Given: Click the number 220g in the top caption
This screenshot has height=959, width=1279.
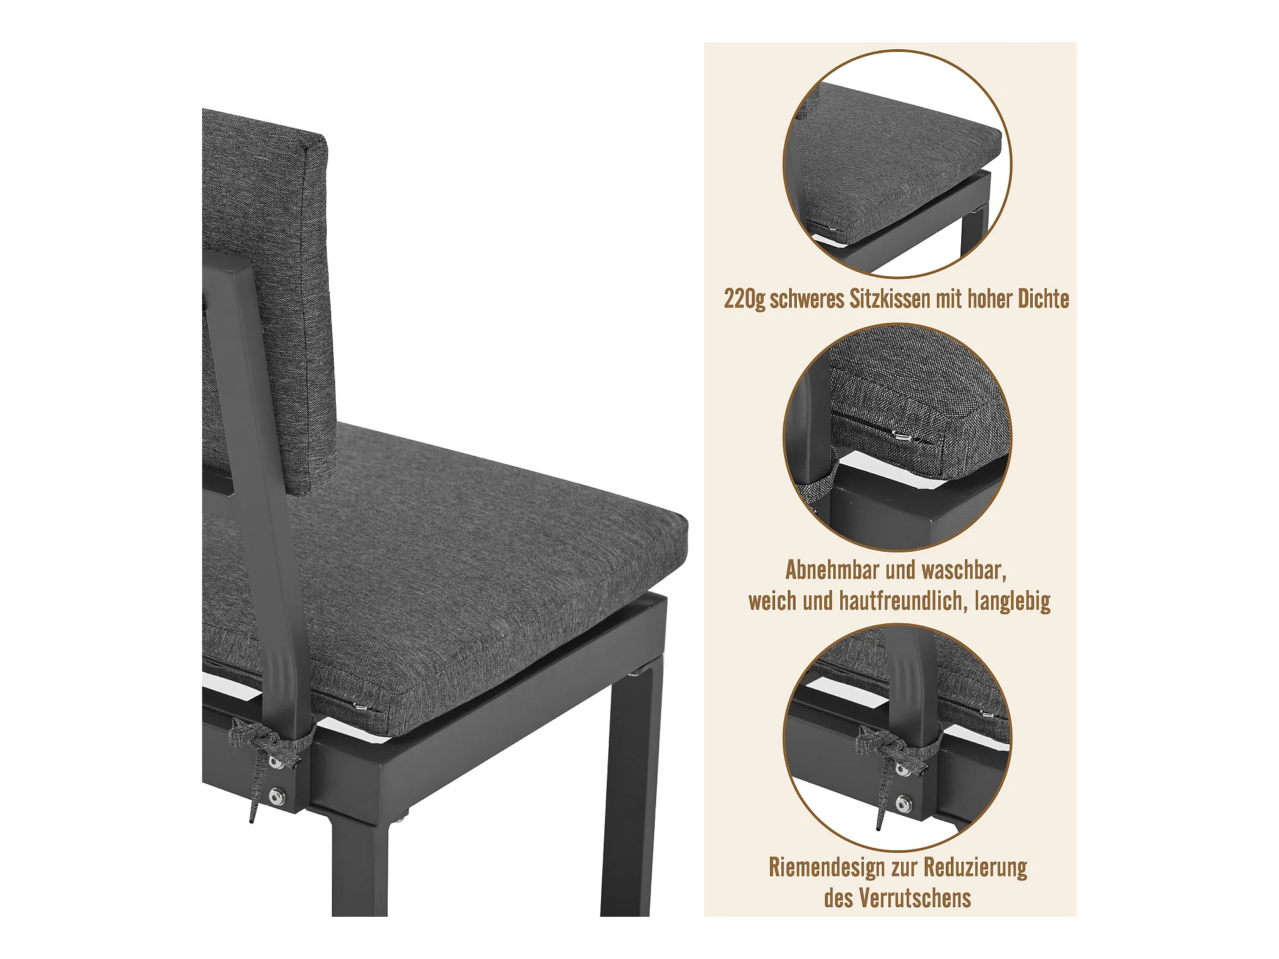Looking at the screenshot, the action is [x=744, y=299].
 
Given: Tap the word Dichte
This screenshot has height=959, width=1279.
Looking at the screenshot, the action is [x=1043, y=299].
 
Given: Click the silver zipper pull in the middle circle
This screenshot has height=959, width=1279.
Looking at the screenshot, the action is [x=903, y=437].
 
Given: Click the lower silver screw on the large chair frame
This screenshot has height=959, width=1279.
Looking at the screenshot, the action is [x=276, y=797].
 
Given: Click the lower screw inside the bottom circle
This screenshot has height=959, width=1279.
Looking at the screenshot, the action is [x=904, y=803].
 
